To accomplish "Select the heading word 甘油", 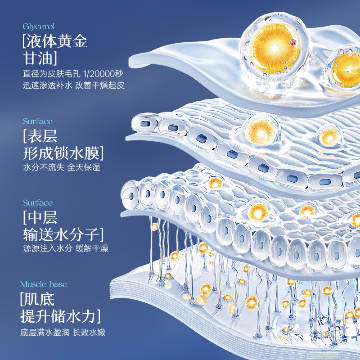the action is pyautogui.click(x=41, y=59).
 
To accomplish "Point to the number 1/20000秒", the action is pyautogui.click(x=105, y=73).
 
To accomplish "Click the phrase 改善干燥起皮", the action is pyautogui.click(x=99, y=85).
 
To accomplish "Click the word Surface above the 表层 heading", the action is pyautogui.click(x=38, y=121).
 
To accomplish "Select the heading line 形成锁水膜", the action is pyautogui.click(x=63, y=153).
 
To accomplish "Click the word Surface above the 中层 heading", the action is pyautogui.click(x=38, y=203).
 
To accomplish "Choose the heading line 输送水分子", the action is pyautogui.click(x=63, y=234).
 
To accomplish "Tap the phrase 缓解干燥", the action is pyautogui.click(x=92, y=248).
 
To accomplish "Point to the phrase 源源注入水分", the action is pyautogui.click(x=47, y=248).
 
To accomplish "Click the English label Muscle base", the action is pyautogui.click(x=43, y=284).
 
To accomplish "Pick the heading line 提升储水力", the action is pyautogui.click(x=58, y=317).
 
